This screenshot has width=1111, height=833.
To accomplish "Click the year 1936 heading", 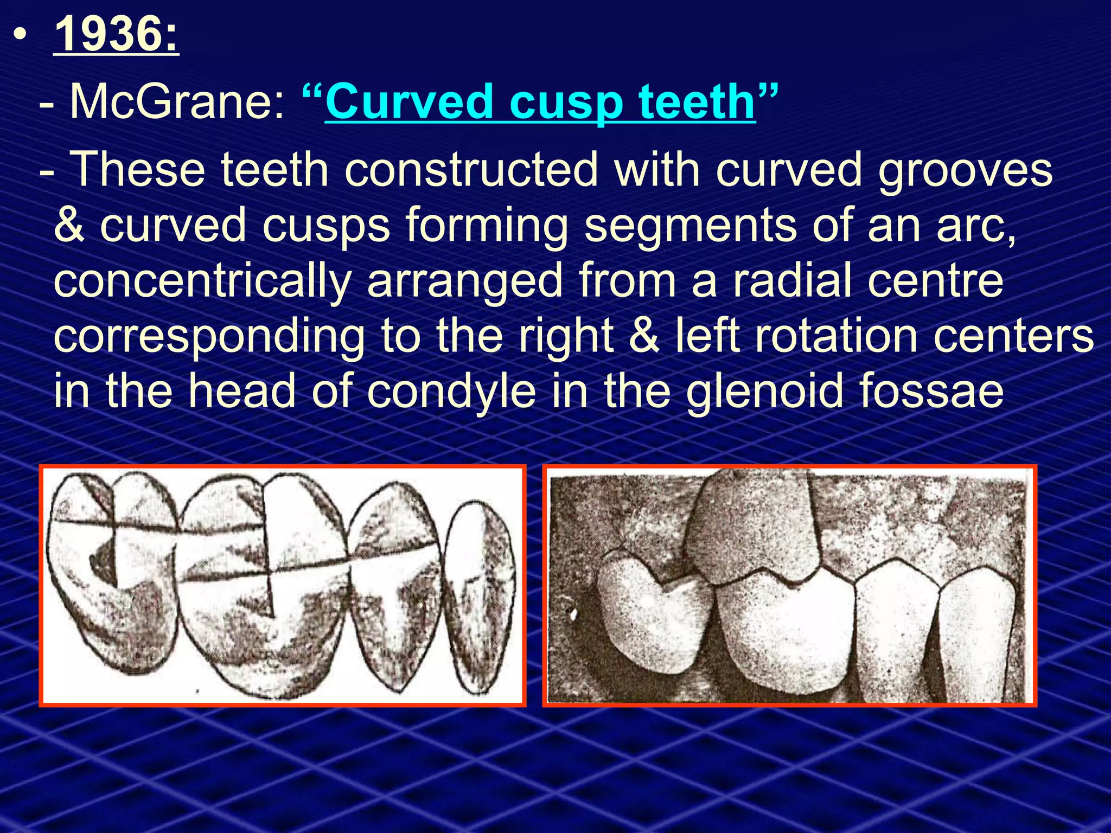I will pyautogui.click(x=116, y=34).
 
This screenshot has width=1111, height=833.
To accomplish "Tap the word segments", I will pyautogui.click(x=690, y=225).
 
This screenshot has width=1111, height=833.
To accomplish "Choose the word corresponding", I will pyautogui.click(x=209, y=336).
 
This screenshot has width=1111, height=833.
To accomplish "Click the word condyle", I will pyautogui.click(x=451, y=391).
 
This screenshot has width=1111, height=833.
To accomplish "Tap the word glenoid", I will pyautogui.click(x=764, y=391).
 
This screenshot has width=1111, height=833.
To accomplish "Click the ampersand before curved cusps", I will pyautogui.click(x=69, y=225).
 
